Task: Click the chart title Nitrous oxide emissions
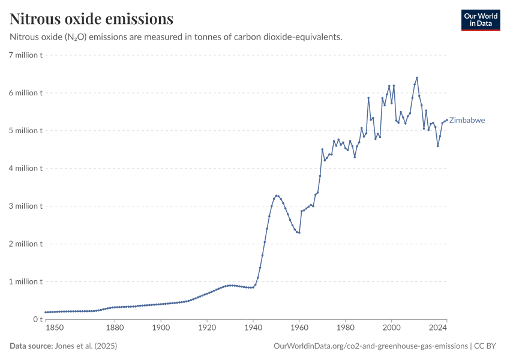pyautogui.click(x=92, y=19)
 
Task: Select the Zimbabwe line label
pyautogui.click(x=467, y=121)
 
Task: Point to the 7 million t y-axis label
pyautogui.click(x=25, y=55)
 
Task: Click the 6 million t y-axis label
pyautogui.click(x=25, y=93)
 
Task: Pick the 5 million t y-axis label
pyautogui.click(x=25, y=131)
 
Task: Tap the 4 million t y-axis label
pyautogui.click(x=25, y=169)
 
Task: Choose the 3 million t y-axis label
pyautogui.click(x=25, y=206)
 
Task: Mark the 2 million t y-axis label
pyautogui.click(x=25, y=244)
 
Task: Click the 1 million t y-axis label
pyautogui.click(x=25, y=282)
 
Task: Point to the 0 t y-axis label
pyautogui.click(x=37, y=320)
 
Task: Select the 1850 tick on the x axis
pyautogui.click(x=54, y=328)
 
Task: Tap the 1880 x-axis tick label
pyautogui.click(x=115, y=328)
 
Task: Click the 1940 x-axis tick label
pyautogui.click(x=253, y=328)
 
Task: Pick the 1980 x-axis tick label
pyautogui.click(x=345, y=328)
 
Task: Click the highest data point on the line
pyautogui.click(x=416, y=78)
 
